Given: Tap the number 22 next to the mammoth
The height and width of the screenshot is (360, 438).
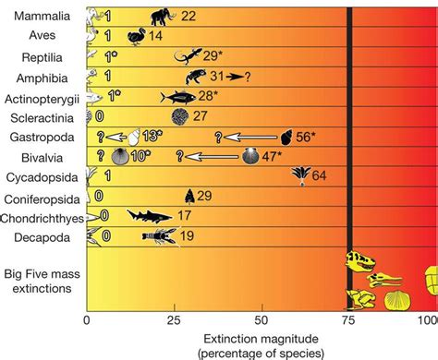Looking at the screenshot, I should [x=189, y=16].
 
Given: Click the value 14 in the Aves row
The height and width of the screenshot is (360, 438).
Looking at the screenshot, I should [x=156, y=37].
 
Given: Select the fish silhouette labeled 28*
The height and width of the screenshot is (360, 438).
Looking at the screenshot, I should [x=176, y=97].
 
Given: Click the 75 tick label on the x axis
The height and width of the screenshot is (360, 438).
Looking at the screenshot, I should [x=348, y=319].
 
